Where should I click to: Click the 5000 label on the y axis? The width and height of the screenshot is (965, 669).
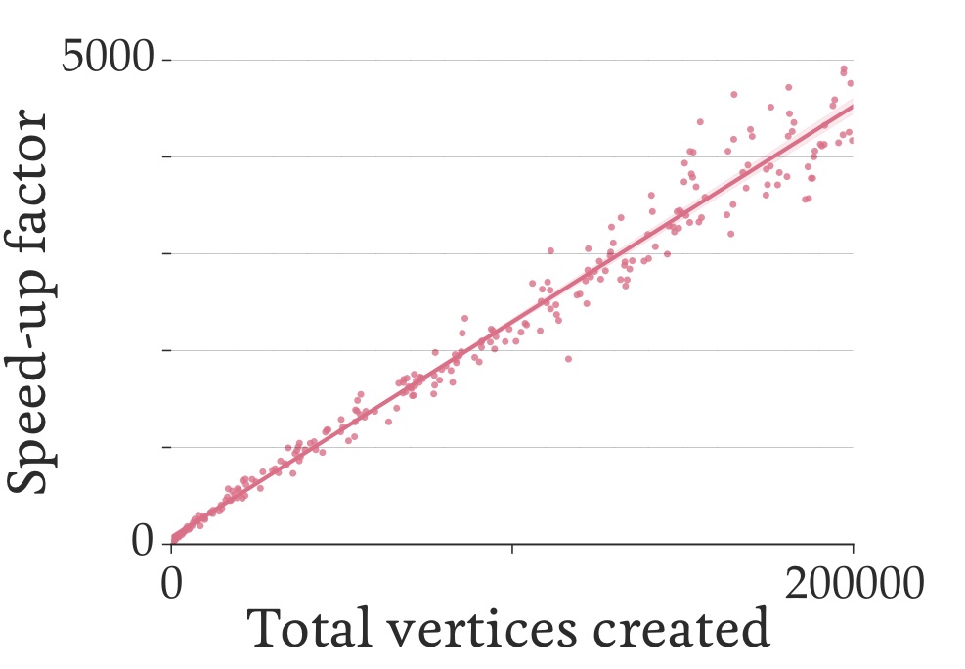pos(107,59)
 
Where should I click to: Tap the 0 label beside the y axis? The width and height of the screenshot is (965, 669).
pos(143,541)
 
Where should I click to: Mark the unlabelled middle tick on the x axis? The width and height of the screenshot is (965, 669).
pos(512,550)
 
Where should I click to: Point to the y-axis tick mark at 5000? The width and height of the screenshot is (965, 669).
pos(166,60)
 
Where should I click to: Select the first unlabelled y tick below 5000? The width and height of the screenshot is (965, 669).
pos(166,156)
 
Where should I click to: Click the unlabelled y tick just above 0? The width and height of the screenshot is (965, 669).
pos(166,447)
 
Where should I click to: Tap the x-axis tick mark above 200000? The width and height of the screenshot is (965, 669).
pos(854,550)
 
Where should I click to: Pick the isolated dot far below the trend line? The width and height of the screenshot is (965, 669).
pos(568,358)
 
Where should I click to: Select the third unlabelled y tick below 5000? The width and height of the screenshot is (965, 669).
pos(166,350)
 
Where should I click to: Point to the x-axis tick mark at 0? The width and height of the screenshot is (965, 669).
pos(171,550)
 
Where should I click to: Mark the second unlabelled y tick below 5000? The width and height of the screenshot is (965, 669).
pos(166,253)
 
